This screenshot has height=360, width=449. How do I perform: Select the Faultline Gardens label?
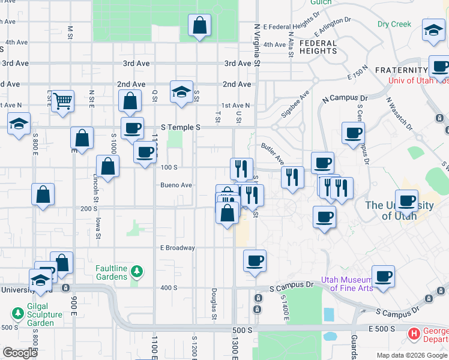(x=112, y=272)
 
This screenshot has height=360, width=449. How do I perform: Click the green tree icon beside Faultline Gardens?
(x=137, y=272)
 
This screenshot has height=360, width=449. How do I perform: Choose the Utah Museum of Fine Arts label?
(x=348, y=283)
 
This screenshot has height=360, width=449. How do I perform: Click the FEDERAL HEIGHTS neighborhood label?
(x=318, y=47)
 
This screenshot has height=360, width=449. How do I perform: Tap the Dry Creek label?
(x=394, y=25)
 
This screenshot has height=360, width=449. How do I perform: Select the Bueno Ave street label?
(x=176, y=185)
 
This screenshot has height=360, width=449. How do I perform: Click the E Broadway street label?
(x=177, y=248)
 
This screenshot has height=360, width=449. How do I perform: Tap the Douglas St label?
(x=214, y=303)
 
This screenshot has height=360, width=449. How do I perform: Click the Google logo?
(x=20, y=353)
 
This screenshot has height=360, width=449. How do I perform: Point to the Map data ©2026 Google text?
(x=411, y=355)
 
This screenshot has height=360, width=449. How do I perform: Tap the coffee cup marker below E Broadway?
(x=255, y=262)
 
